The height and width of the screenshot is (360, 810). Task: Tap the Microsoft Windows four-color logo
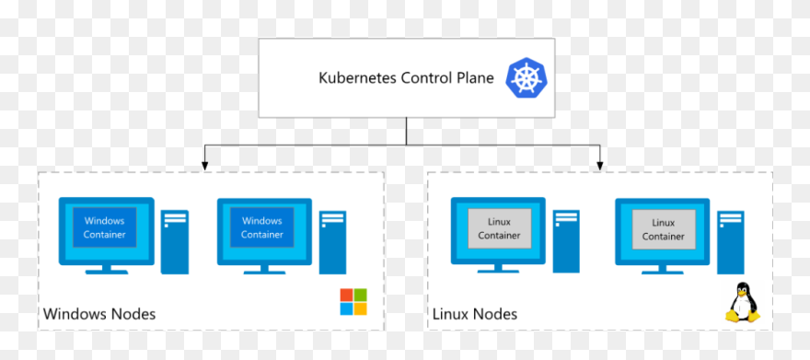(353, 302)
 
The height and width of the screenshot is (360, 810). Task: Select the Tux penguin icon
(742, 303)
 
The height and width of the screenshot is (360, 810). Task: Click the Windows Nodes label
(99, 314)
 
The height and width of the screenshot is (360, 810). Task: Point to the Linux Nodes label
(474, 314)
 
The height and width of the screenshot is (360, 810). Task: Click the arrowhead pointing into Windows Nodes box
(204, 165)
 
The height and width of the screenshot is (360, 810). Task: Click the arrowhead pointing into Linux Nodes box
(600, 165)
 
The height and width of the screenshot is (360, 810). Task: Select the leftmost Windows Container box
(104, 227)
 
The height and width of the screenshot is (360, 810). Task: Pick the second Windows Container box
(261, 227)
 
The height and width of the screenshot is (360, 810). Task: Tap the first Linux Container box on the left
(499, 228)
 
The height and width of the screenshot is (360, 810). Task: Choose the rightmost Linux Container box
(663, 229)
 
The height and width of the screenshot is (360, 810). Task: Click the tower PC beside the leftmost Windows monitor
(175, 242)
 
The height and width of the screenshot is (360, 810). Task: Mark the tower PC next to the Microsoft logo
(333, 242)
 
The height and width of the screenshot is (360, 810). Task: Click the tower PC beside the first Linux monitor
(567, 242)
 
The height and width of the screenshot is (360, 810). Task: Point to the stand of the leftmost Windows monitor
(106, 268)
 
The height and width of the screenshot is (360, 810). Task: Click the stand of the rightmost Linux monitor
(663, 269)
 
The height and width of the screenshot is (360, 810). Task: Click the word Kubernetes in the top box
(357, 77)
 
